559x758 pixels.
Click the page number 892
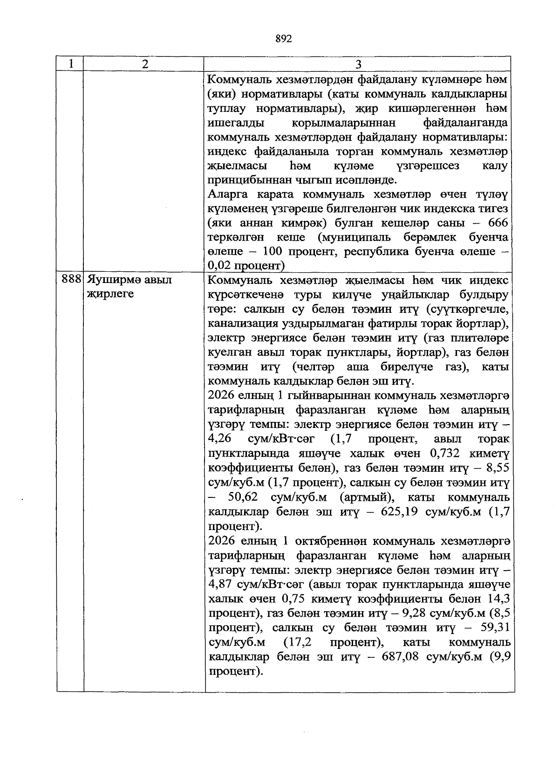coord(284,39)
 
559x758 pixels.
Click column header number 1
coord(70,64)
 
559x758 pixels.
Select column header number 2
coord(145,64)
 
